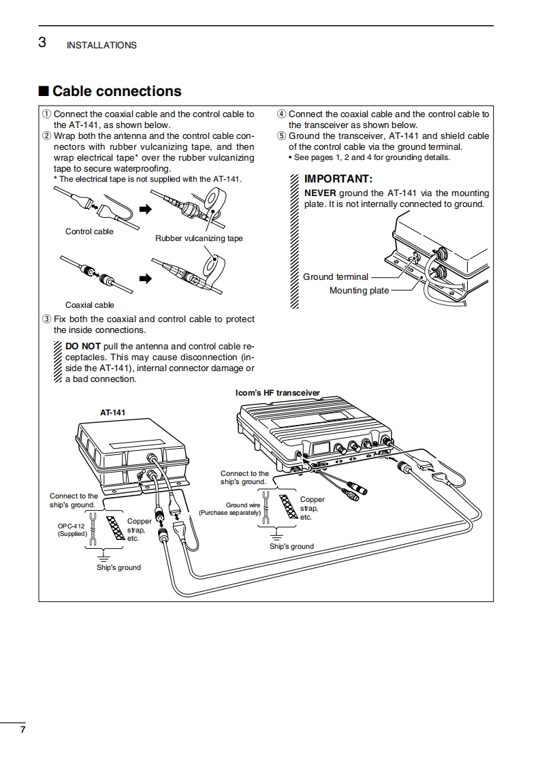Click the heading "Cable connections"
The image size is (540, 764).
[x=116, y=91]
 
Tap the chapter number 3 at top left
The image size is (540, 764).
[x=42, y=43]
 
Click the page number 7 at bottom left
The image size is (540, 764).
[x=22, y=729]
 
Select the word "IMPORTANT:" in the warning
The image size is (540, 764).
[x=338, y=179]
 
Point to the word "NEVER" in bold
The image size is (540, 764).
[x=319, y=193]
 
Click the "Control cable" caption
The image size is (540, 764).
[x=89, y=232]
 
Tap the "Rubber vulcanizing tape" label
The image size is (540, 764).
[x=199, y=238]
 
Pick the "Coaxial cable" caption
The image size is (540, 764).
[x=89, y=305]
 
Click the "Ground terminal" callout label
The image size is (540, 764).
[x=336, y=277]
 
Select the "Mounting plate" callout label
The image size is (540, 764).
[x=359, y=291]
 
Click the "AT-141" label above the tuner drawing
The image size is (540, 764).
[x=112, y=412]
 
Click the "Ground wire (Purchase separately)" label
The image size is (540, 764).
[x=229, y=509]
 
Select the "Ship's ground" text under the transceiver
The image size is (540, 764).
[x=291, y=546]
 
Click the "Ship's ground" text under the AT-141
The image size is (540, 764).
[x=118, y=567]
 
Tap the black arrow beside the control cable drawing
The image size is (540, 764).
[x=144, y=210]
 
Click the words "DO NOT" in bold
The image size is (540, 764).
[x=82, y=346]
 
